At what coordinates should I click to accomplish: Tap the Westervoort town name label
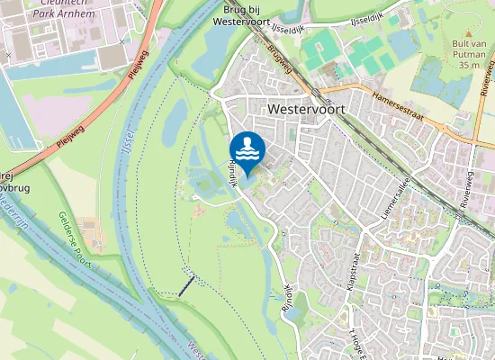[x=307, y=108]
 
